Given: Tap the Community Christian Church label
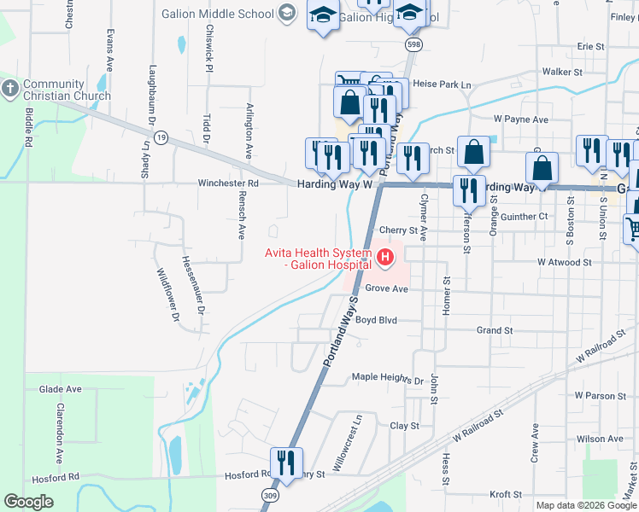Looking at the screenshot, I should click(x=56, y=90).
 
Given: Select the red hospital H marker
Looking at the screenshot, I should click(x=385, y=255).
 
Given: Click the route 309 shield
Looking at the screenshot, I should click(x=270, y=496).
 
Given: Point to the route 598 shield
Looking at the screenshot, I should click(x=413, y=44).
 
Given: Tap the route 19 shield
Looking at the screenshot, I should click(x=161, y=137).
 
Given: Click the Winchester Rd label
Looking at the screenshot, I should click(x=228, y=183).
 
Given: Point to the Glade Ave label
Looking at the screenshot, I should click(x=60, y=389).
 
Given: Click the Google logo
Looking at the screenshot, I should click(x=29, y=501).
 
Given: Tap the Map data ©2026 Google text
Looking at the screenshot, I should click(x=586, y=505).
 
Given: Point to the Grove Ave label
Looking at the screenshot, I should click(x=387, y=288).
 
